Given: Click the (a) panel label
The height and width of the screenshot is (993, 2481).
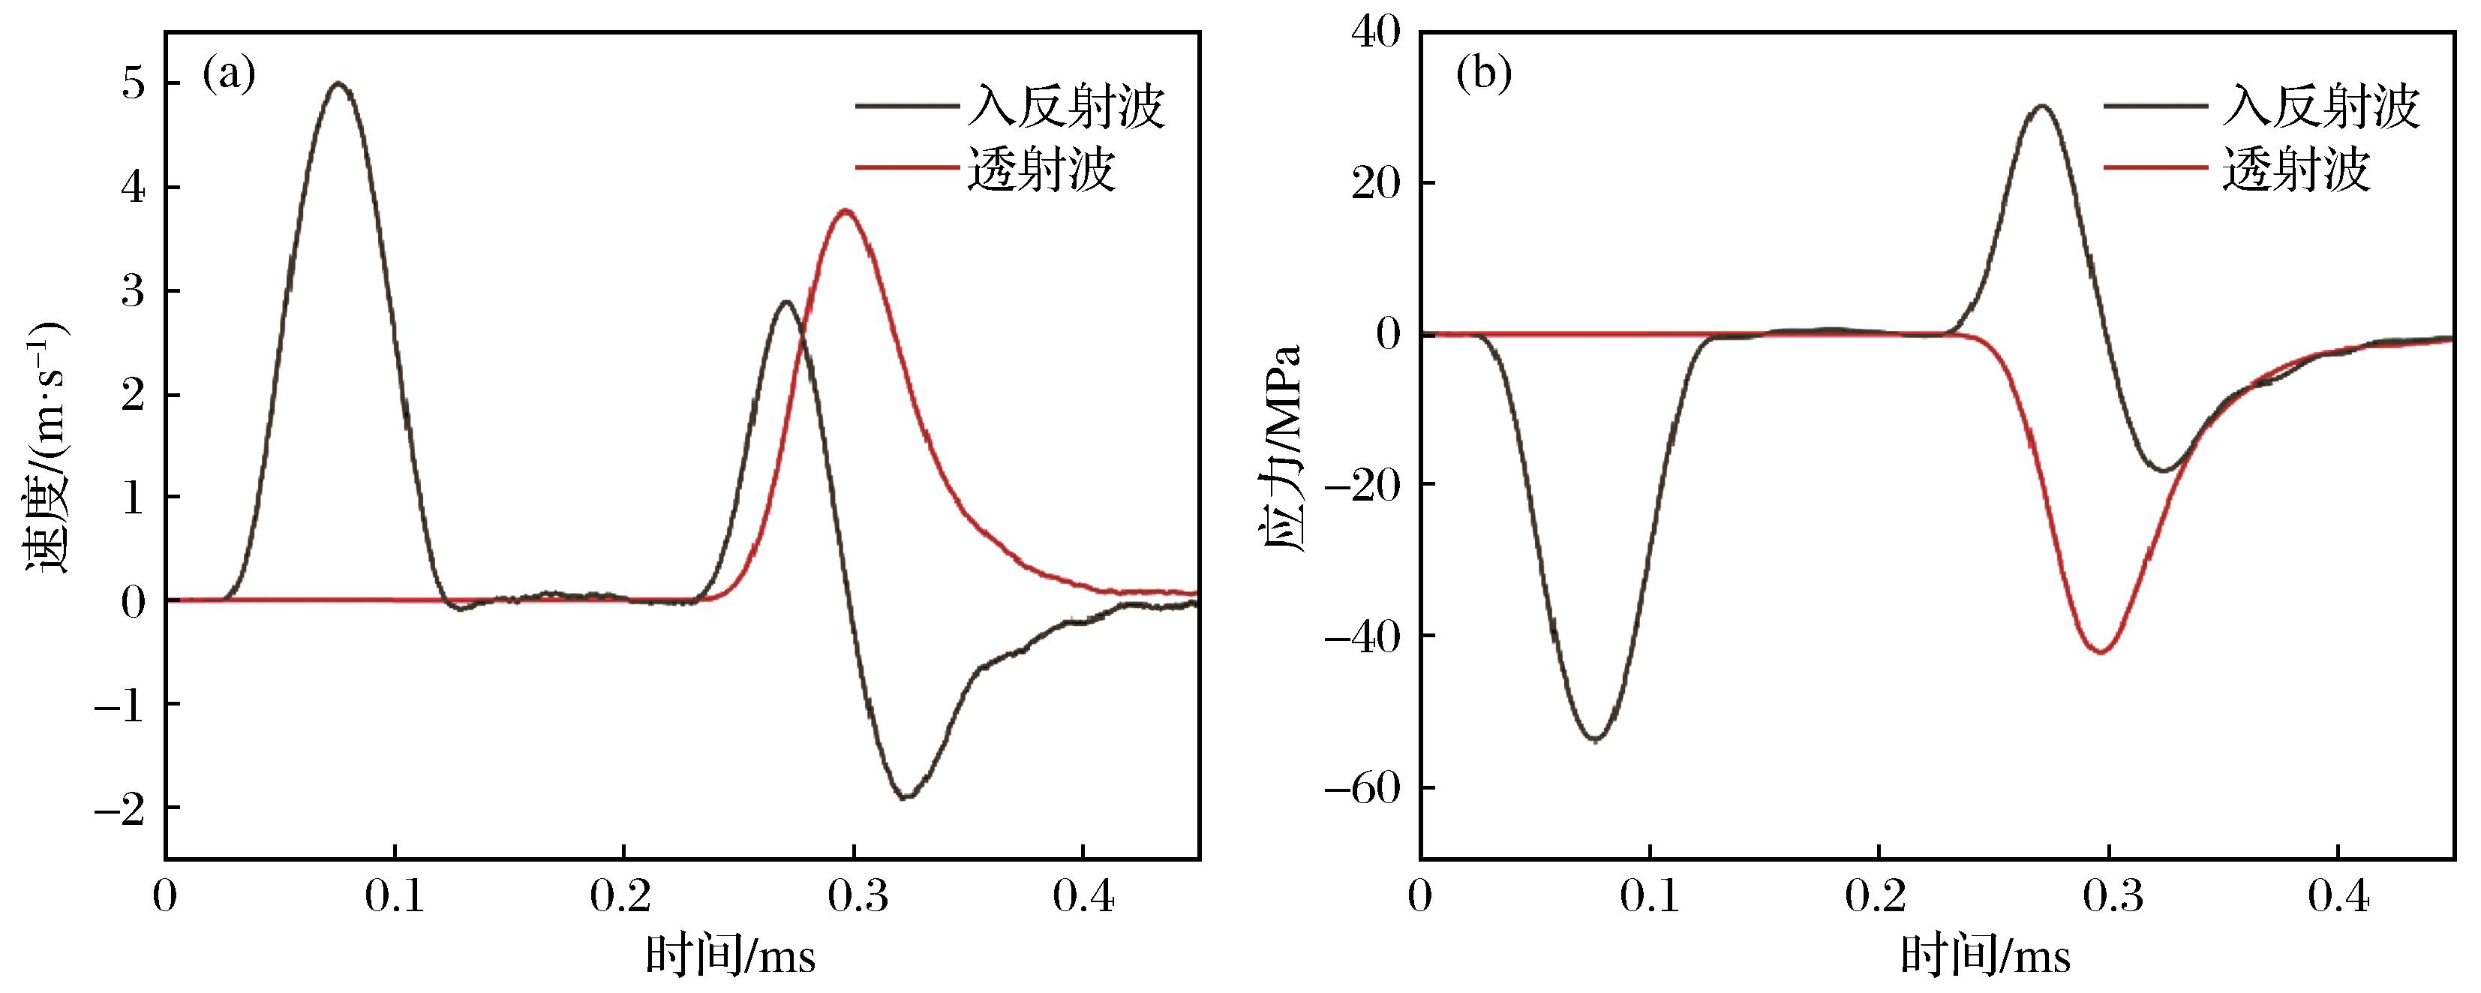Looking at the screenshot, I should coord(230,74).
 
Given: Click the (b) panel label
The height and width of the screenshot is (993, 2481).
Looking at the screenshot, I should coord(1484,74).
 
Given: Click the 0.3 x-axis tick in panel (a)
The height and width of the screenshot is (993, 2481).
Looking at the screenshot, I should coord(853,898).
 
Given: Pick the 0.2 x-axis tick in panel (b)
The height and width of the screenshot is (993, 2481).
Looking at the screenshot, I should coord(1877,898).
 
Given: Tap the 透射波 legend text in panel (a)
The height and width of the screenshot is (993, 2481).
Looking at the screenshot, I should coord(1041,170).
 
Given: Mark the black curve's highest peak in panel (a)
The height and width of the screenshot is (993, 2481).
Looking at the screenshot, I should coord(338,84).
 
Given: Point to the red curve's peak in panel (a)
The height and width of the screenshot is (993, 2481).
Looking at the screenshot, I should coord(846,210).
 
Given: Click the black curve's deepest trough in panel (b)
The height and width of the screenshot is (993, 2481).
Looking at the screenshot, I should coord(1596,739).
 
